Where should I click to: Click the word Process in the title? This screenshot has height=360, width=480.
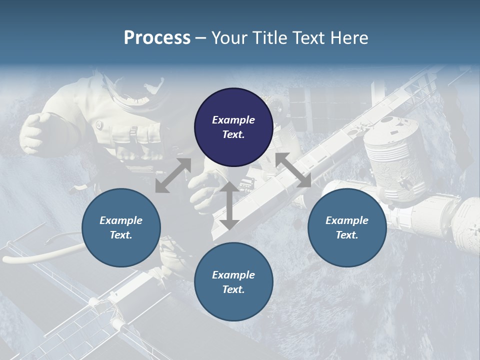pos(157,38)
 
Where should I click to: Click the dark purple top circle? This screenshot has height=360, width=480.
pos(233,127)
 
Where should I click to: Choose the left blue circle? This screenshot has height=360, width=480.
pos(121,227)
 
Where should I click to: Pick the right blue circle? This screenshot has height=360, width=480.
pos(347,227)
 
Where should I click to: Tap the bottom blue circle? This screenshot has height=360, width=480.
pos(233,282)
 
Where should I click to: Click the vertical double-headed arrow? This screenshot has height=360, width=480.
pos(229,205)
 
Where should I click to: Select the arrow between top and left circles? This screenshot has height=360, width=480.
pos(173,175)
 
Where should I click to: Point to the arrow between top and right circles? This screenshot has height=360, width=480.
pos(293,170)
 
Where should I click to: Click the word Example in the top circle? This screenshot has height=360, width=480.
pos(233,120)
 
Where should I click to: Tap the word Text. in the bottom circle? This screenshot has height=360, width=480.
pos(233,289)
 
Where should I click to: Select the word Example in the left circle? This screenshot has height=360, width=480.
pos(121,220)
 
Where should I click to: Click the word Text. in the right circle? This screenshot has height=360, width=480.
pos(347,235)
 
